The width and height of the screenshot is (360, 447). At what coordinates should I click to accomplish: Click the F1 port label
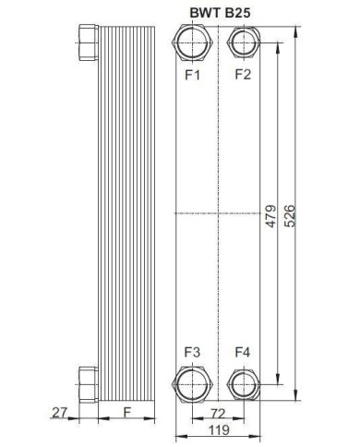point(192,75)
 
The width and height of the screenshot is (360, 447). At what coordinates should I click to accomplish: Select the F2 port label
point(243,75)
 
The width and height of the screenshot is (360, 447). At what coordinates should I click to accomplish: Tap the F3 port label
point(192,352)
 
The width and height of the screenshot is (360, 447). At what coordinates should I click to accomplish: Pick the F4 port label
point(243,352)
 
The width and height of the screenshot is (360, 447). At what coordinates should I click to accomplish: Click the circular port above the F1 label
point(192,42)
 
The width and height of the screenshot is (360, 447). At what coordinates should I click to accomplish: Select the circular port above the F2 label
point(243,42)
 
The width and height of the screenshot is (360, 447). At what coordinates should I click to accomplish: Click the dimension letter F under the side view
point(124,412)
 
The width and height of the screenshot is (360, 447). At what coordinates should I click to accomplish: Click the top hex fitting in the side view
point(88,42)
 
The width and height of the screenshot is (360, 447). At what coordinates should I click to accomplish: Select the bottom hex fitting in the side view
point(88,381)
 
